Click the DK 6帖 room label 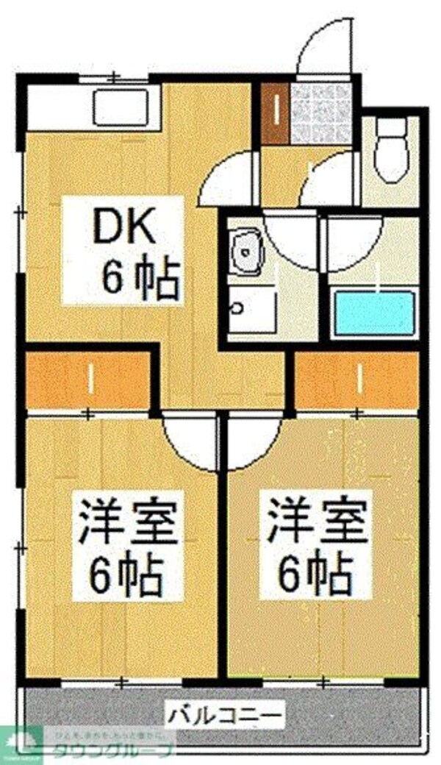(x=123, y=251)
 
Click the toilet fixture (x=390, y=150)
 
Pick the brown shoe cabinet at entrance (x=276, y=115)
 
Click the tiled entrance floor (x=320, y=113)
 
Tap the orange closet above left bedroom (x=88, y=380)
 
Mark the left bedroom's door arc (x=187, y=440)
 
